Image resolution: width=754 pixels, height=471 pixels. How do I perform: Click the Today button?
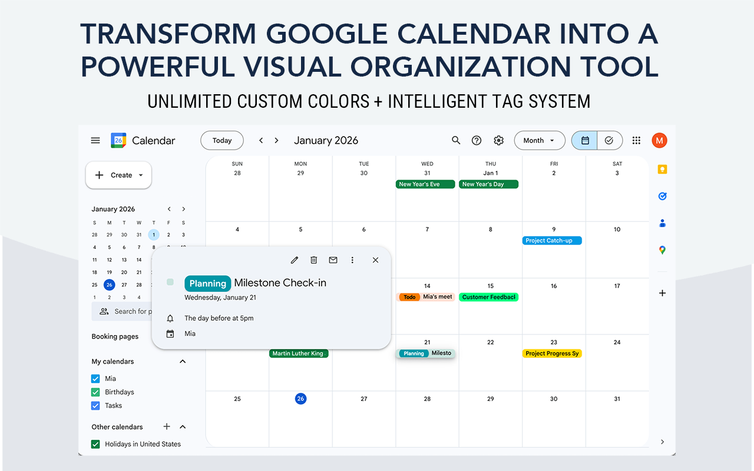tap(222, 141)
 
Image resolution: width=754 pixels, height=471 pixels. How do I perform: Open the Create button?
tap(118, 175)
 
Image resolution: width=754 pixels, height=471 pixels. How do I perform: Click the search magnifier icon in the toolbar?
tap(456, 141)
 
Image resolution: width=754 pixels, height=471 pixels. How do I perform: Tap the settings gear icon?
tap(499, 141)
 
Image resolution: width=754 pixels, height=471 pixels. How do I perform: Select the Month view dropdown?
tap(539, 141)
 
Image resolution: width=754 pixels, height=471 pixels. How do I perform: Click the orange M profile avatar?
tap(659, 141)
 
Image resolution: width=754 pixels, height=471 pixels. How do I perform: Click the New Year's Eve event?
tap(425, 184)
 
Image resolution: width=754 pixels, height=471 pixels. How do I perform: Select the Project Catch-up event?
tap(552, 240)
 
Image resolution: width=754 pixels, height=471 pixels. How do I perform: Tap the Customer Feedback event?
tap(488, 297)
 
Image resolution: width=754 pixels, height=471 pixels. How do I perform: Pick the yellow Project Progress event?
tap(552, 353)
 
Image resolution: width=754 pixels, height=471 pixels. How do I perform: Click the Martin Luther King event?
tap(299, 353)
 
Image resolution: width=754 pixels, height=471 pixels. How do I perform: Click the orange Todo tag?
tap(410, 297)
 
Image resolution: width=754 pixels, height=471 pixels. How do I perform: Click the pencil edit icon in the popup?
tap(295, 260)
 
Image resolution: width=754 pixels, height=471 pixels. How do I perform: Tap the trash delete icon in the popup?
tap(314, 260)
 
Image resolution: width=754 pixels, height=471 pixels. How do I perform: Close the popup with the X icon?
tap(375, 260)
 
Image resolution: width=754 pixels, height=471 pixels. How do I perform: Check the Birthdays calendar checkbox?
tap(95, 392)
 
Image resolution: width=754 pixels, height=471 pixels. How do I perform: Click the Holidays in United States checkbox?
tap(95, 445)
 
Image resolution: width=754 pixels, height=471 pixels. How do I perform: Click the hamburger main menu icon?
tap(95, 141)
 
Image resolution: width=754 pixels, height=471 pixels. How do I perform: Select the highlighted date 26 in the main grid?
tap(300, 399)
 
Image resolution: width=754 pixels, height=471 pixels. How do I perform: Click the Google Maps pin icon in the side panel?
tap(662, 250)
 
